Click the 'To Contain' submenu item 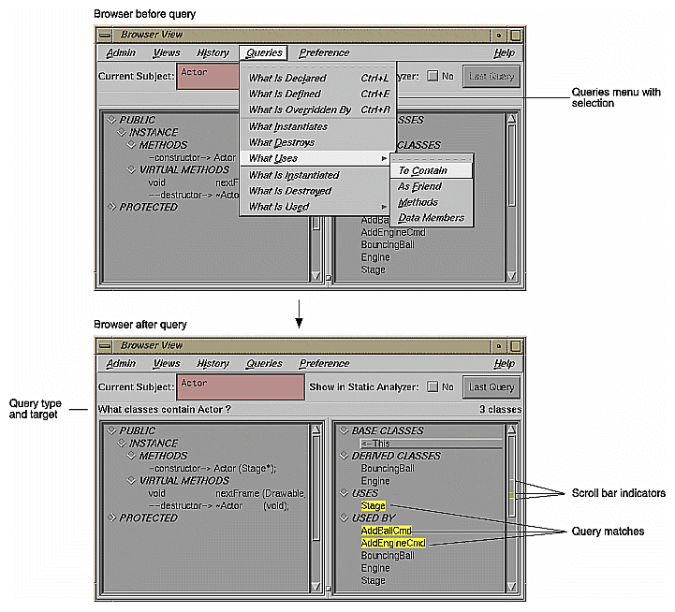(423, 170)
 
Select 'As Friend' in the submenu (419, 186)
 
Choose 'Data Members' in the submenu (431, 218)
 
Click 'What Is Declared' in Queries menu (287, 78)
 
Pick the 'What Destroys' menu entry (282, 142)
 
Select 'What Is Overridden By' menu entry (300, 109)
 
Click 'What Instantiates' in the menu (288, 126)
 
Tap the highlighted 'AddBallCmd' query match (386, 530)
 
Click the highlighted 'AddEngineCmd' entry (393, 543)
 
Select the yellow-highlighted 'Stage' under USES (373, 505)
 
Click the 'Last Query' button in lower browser (491, 386)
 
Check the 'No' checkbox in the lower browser (433, 386)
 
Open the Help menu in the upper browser (504, 53)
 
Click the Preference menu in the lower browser (324, 363)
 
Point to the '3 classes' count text (500, 409)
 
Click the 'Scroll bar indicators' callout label (618, 493)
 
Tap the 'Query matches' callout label (609, 531)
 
